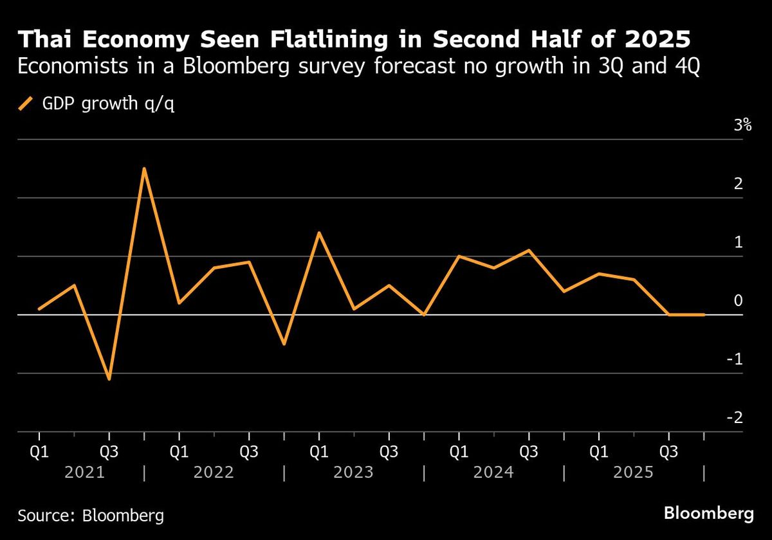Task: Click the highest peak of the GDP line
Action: point(144,168)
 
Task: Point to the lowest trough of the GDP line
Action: point(109,379)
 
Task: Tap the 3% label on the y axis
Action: point(742,125)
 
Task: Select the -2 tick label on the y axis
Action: point(735,418)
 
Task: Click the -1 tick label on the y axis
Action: point(735,359)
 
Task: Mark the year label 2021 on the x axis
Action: point(85,472)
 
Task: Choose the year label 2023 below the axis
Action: point(354,472)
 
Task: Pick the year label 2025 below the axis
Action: point(634,472)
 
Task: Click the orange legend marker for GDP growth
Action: point(25,104)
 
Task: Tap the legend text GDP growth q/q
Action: point(108,104)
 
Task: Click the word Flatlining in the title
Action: point(329,39)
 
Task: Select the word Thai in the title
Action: point(45,39)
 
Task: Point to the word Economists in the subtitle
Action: point(73,66)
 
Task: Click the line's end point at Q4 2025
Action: point(704,314)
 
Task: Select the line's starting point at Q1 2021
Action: point(39,309)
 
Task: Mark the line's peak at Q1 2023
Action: point(319,233)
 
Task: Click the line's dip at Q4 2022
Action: point(284,344)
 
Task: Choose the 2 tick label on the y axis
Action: point(739,184)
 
